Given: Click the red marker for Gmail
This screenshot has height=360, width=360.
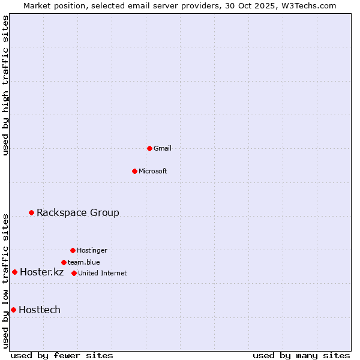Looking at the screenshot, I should [149, 148].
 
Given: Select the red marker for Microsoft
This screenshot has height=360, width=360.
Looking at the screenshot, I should [134, 171].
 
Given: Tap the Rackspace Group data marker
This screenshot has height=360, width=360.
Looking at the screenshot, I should [31, 212].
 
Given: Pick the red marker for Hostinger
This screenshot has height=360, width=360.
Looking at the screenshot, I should [73, 250].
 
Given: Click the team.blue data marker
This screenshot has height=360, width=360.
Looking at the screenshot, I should [64, 262].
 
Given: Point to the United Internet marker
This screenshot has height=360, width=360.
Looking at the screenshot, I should [74, 273].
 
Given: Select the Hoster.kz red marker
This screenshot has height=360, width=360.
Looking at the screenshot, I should [14, 272].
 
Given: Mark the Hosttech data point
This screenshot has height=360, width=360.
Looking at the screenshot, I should [13, 310].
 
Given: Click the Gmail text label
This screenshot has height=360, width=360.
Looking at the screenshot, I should [163, 148].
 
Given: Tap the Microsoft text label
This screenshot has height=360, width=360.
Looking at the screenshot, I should [153, 171].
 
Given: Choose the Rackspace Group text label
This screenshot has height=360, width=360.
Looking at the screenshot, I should [78, 212].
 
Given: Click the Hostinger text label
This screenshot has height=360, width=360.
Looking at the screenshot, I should [92, 250].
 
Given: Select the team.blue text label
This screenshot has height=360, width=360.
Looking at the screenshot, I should [84, 262].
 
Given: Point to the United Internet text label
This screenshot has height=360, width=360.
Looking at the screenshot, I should [103, 273].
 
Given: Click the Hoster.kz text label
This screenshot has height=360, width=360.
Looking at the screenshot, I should [41, 272].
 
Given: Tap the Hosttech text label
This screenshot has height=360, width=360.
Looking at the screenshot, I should [40, 310].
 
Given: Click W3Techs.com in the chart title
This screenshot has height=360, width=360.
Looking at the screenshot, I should [311, 5].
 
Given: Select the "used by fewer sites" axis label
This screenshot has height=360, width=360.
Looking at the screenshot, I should [62, 355].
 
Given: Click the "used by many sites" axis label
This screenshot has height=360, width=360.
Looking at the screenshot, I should [301, 355].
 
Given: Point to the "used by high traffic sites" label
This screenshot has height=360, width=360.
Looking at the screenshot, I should [5, 85].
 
